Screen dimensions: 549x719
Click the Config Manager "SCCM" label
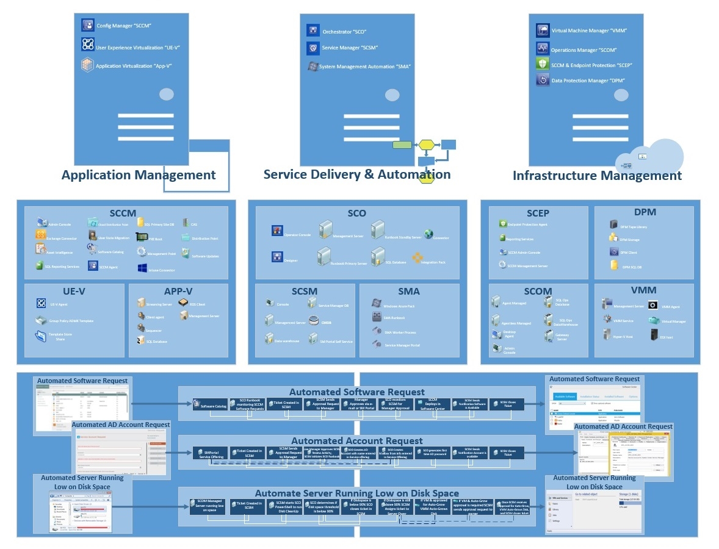point(124,26)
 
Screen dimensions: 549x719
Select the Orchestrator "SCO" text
point(344,31)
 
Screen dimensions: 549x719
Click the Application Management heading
point(139,175)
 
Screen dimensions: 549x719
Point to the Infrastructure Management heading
point(597,176)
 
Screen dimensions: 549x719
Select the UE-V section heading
point(74,291)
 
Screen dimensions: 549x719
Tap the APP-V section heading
point(178,291)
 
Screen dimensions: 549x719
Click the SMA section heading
point(408,291)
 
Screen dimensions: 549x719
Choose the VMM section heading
point(645,291)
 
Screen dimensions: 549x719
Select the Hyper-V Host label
point(623,337)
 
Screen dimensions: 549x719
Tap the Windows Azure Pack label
point(399,306)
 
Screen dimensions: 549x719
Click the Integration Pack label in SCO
point(433,262)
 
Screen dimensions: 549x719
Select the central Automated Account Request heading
point(356,440)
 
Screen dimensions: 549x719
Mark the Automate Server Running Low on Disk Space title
point(356,493)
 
